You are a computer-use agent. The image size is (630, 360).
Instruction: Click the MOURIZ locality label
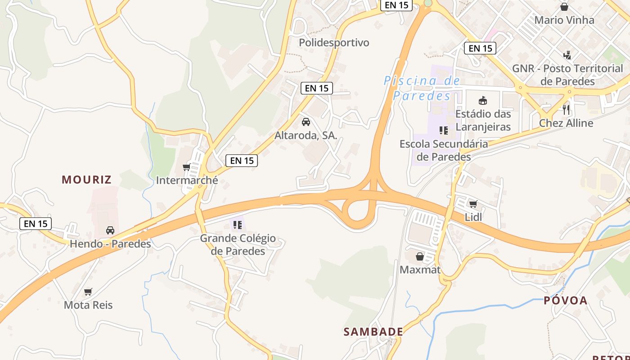pos(86,180)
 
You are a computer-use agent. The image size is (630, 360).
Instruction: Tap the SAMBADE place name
pos(373,332)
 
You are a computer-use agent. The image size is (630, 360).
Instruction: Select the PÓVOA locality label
pos(565,301)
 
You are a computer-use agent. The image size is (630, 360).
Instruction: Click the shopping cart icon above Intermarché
pos(186,167)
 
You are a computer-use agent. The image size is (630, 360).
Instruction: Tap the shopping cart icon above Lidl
pos(473,204)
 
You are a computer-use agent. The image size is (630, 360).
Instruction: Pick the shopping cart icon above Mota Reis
pos(88,292)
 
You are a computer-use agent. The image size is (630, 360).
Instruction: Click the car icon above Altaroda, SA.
pos(306,122)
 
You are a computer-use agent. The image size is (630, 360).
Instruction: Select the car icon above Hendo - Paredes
pos(110,230)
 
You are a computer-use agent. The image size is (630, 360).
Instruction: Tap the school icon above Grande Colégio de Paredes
pos(238,225)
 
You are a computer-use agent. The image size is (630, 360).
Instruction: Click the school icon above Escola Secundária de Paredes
pos(444,130)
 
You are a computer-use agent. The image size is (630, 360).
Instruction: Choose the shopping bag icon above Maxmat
pos(420,256)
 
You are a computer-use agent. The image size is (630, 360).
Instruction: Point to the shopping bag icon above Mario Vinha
pos(564,7)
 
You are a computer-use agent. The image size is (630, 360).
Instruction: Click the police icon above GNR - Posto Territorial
pos(567,55)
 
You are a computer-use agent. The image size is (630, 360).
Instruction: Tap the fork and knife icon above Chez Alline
pos(566,109)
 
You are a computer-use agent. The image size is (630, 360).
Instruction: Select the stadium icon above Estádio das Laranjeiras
pos(483,100)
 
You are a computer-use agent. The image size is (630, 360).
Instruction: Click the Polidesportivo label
pos(334,43)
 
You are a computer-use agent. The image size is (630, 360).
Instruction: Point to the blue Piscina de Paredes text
pos(422,88)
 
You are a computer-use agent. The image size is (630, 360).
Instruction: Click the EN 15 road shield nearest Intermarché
pos(242,160)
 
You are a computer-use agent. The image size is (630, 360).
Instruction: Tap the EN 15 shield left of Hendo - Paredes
pos(36,223)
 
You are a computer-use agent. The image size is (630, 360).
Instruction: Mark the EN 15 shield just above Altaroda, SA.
pos(317,88)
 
